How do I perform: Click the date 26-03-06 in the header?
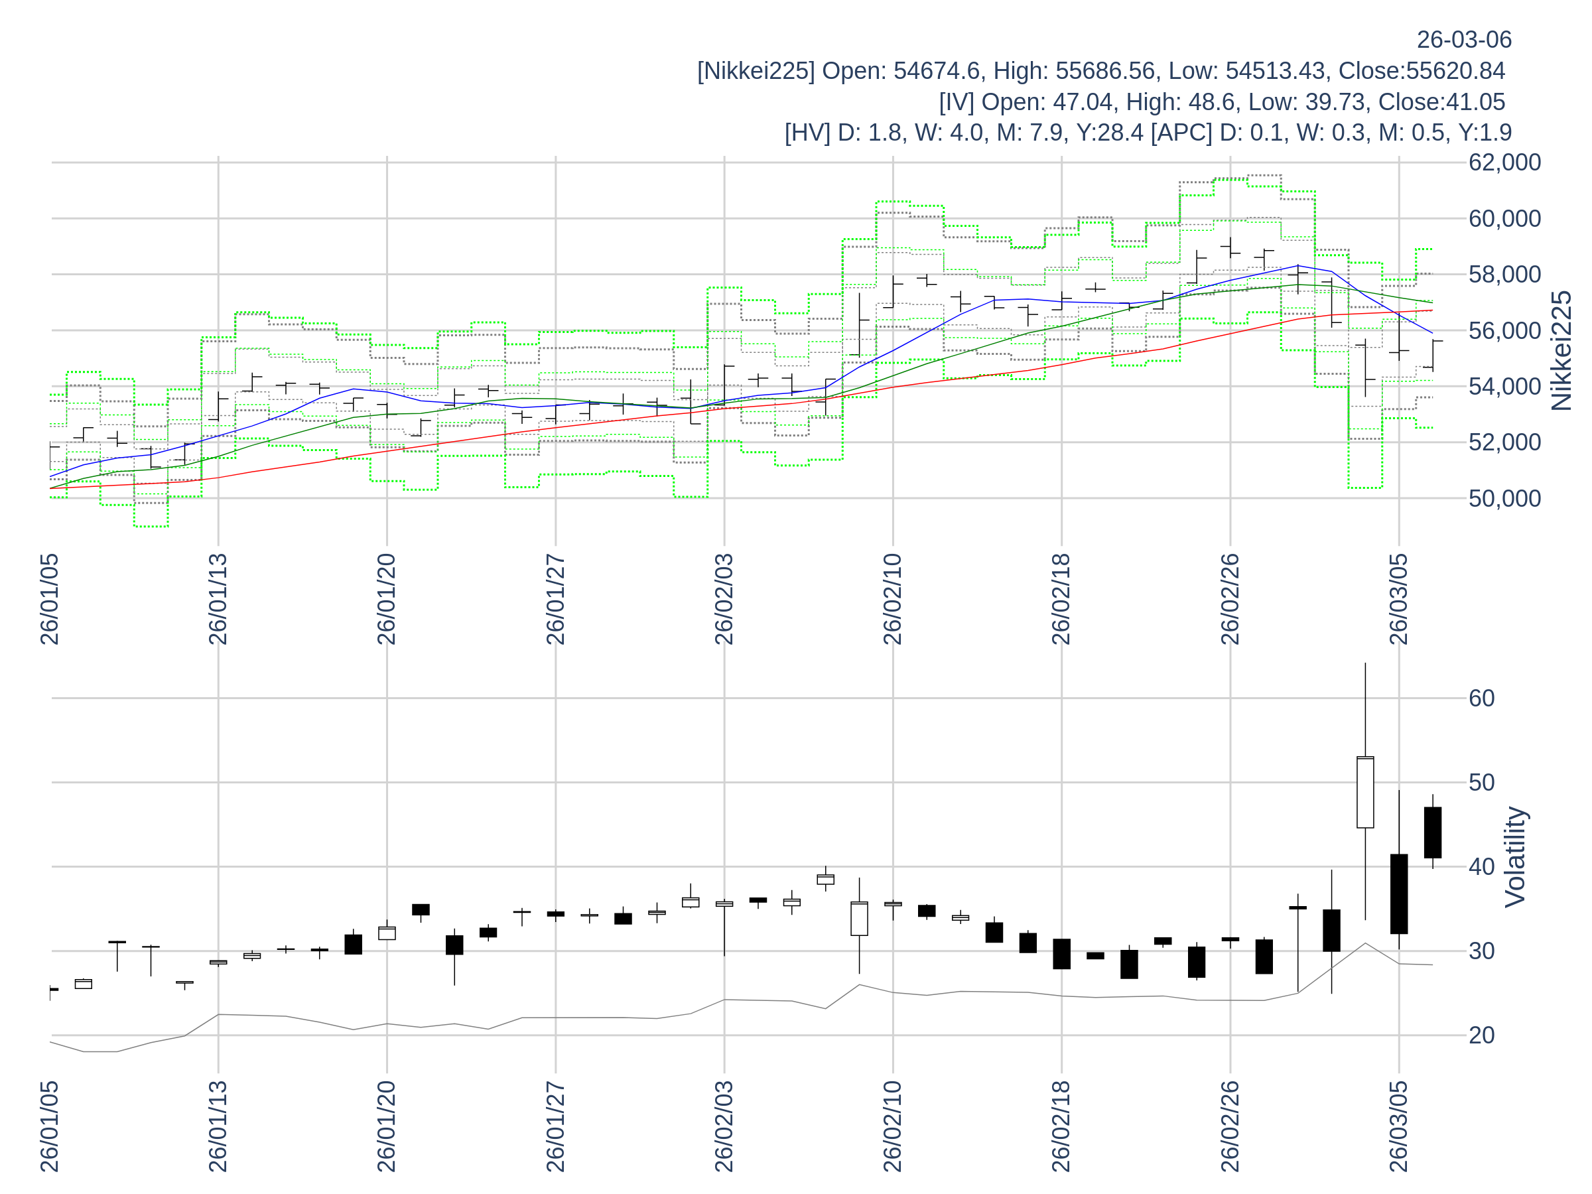click(1464, 40)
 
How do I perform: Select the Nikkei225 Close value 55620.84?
click(1457, 70)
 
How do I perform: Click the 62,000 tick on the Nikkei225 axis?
click(1504, 163)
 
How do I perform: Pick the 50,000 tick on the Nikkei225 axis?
click(1504, 498)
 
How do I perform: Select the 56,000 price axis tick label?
click(1504, 330)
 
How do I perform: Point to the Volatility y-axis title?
click(1515, 857)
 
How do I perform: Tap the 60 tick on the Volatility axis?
click(1482, 698)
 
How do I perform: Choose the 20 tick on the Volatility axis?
click(1482, 1035)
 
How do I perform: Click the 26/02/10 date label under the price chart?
click(892, 600)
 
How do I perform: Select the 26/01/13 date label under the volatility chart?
click(218, 1126)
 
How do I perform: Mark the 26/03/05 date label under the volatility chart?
click(1398, 1126)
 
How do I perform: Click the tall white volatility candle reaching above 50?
click(1365, 791)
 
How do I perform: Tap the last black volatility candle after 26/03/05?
click(1432, 832)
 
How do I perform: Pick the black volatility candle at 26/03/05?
click(1398, 894)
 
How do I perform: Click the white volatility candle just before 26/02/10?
click(859, 918)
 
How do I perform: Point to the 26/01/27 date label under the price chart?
click(556, 600)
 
